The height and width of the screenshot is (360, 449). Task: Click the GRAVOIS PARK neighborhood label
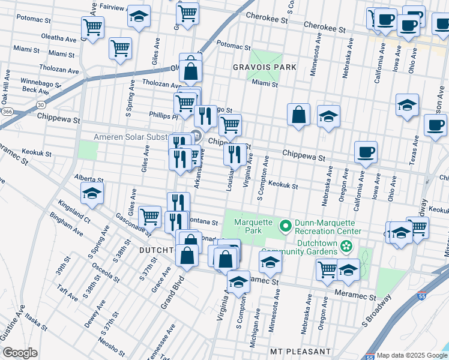tap(265, 68)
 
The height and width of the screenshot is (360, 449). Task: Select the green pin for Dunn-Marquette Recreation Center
tap(285, 226)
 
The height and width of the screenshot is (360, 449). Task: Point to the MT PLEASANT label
tap(300, 351)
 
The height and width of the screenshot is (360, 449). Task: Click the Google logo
tap(20, 353)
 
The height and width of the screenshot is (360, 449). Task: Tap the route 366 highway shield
tap(7, 112)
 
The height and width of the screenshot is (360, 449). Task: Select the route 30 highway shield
tap(40, 104)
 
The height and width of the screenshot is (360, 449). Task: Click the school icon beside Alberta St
tap(92, 193)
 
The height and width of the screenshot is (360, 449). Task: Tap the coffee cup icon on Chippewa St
tap(365, 152)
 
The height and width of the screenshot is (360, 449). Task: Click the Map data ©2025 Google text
tap(412, 355)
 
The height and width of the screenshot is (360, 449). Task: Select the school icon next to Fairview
tap(139, 17)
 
